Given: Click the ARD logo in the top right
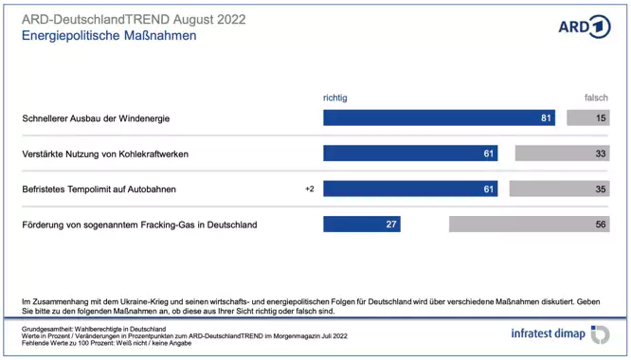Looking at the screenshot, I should tap(584, 27).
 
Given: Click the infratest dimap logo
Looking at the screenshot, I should tap(559, 333).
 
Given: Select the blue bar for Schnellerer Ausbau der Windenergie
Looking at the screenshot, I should tap(439, 118).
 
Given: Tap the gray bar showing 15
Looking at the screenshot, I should tap(587, 118).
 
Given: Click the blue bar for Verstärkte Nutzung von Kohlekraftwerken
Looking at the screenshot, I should tap(410, 153).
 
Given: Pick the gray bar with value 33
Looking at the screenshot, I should tap(562, 153).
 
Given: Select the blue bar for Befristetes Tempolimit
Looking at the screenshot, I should tap(410, 189).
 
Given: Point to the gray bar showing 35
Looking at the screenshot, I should tap(559, 189).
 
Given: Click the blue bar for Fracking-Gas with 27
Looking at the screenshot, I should tap(361, 225).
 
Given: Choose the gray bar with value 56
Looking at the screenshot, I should tap(529, 225).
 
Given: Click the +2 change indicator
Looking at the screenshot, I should tap(309, 189).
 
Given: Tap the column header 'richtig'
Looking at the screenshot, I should tap(335, 98).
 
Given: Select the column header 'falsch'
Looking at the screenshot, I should tap(596, 98).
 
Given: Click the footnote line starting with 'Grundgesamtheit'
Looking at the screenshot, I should tap(94, 328).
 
